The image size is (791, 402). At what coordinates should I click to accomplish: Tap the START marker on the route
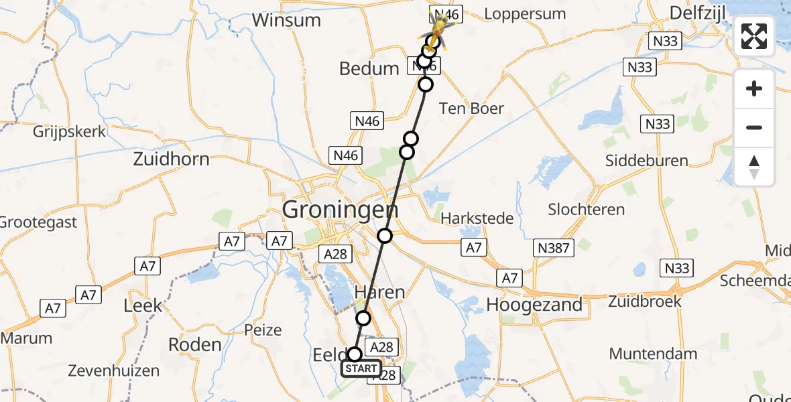361,368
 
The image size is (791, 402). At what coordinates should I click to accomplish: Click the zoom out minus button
754,127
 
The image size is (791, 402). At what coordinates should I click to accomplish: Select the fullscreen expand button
754,36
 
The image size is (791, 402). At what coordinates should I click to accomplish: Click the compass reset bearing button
754,167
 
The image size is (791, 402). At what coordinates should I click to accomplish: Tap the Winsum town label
286,19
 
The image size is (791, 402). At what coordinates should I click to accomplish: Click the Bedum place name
369,68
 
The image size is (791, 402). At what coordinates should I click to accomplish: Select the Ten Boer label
471,109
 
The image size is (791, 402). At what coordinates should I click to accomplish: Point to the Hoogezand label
534,305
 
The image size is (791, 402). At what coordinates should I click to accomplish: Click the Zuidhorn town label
171,159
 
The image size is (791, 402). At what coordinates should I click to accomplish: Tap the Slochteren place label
587,209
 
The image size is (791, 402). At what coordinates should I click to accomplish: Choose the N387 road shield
553,249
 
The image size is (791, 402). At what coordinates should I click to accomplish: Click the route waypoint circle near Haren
363,318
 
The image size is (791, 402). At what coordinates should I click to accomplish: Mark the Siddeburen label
647,161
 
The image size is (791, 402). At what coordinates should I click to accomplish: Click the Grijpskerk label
70,131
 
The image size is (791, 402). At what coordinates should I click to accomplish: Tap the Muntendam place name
653,354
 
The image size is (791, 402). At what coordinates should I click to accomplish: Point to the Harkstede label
477,218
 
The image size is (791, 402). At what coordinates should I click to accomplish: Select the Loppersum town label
524,14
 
